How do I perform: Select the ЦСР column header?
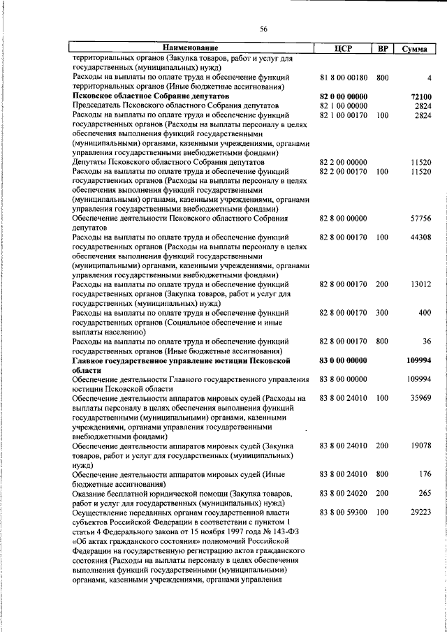(343, 48)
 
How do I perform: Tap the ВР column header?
(382, 48)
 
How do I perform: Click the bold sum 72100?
(422, 96)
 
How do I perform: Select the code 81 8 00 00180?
(343, 78)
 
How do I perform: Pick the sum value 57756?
(422, 219)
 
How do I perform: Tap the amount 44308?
(422, 237)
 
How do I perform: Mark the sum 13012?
(422, 285)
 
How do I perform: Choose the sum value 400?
(425, 313)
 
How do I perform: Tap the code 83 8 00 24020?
(343, 493)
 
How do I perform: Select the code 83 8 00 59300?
(343, 512)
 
